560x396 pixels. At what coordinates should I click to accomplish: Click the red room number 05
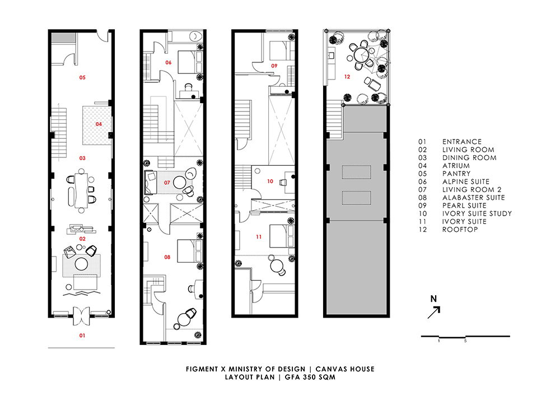click(x=82, y=77)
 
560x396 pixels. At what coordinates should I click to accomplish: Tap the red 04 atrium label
click(x=99, y=124)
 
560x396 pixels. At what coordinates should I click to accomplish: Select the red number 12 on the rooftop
click(x=347, y=77)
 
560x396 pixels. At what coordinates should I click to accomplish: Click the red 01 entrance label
click(x=82, y=336)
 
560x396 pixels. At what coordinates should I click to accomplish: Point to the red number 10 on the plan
click(x=270, y=181)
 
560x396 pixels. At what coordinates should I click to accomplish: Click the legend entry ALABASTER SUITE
click(x=474, y=198)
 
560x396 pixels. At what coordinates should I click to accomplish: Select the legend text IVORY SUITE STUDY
click(x=477, y=213)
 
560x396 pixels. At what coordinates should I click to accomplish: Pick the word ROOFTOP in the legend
click(x=460, y=230)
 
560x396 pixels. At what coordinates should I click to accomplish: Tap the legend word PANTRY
click(x=456, y=174)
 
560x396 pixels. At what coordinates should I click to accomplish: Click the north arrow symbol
click(x=434, y=313)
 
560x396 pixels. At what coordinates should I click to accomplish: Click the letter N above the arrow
click(x=433, y=299)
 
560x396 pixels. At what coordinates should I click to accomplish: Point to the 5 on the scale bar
click(x=465, y=341)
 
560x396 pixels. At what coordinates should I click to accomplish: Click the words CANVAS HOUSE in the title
click(x=345, y=369)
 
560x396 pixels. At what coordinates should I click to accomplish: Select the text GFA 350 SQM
click(x=310, y=377)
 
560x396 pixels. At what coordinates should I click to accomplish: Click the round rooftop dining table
click(x=361, y=55)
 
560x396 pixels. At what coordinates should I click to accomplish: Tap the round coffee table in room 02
click(x=81, y=264)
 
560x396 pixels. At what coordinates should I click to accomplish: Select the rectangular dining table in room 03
click(x=81, y=190)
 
